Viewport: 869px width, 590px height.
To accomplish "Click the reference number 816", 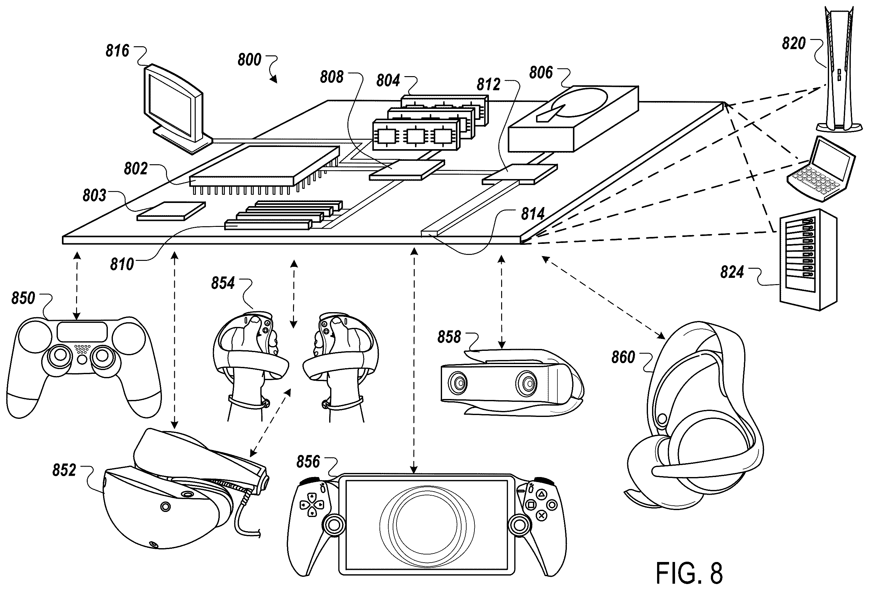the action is tap(117, 51).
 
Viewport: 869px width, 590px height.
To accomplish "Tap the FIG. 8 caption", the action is tap(689, 573).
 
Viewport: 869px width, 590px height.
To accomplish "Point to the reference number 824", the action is tap(732, 272).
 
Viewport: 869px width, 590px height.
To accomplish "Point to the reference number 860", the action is tap(623, 357).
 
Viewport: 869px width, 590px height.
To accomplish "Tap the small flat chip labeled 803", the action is tap(172, 211).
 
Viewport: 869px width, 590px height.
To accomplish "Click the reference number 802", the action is tap(136, 169).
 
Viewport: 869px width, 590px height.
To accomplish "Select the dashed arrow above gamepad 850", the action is tap(77, 285).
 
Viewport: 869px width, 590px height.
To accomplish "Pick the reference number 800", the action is tap(249, 60).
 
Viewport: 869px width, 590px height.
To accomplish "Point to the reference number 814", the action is tap(533, 214).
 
